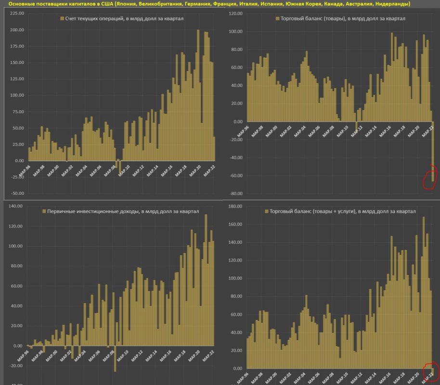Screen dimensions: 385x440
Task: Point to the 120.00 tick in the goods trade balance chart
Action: click(x=235, y=13)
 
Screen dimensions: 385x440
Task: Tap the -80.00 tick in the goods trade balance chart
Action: click(x=235, y=193)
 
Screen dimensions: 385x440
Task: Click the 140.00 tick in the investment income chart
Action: click(x=16, y=206)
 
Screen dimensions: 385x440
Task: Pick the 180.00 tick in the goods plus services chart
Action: click(x=235, y=206)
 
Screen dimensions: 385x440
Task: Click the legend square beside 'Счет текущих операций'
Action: click(x=62, y=19)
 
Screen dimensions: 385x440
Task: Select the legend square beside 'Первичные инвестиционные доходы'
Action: click(x=44, y=211)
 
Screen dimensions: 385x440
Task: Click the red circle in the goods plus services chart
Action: click(x=429, y=372)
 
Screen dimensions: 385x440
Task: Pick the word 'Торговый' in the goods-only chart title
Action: click(x=293, y=19)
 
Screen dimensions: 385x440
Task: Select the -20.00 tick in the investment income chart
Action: click(x=16, y=366)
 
